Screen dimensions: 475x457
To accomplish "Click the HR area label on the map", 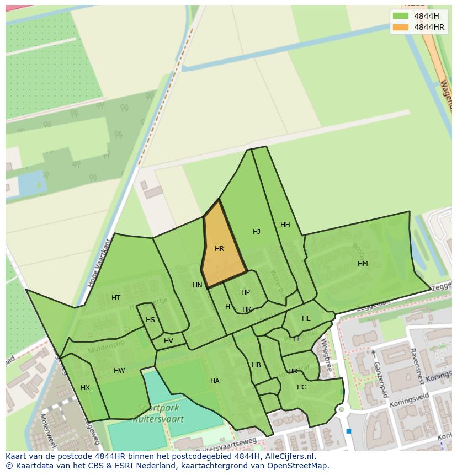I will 219,249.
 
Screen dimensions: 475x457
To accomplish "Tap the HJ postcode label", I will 257,232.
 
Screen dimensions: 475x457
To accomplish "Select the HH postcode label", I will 285,225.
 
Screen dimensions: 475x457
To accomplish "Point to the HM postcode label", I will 363,264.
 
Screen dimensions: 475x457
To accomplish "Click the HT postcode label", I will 116,298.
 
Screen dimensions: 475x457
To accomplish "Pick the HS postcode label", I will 150,320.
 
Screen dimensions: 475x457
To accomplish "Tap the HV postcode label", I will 168,341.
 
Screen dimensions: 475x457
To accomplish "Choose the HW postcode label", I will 119,371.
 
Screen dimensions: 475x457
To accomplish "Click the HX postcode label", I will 85,388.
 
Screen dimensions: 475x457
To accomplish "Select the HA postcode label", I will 215,381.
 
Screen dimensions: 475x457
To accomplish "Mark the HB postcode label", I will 256,365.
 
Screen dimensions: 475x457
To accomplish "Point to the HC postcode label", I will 301,387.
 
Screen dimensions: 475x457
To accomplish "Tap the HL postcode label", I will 306,318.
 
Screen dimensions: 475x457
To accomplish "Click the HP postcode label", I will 246,292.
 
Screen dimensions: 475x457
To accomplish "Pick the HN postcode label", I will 198,285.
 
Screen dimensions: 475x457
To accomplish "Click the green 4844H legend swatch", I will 401,16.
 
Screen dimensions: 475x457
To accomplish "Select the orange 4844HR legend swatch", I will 401,27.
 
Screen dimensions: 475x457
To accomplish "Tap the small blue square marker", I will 348,431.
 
